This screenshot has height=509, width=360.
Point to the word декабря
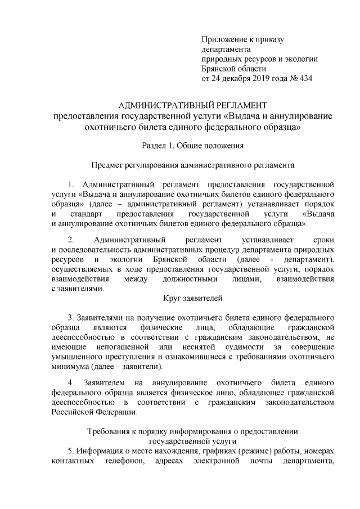231,78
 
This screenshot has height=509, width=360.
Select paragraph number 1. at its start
71,184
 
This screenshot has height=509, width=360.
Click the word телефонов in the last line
125,462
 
